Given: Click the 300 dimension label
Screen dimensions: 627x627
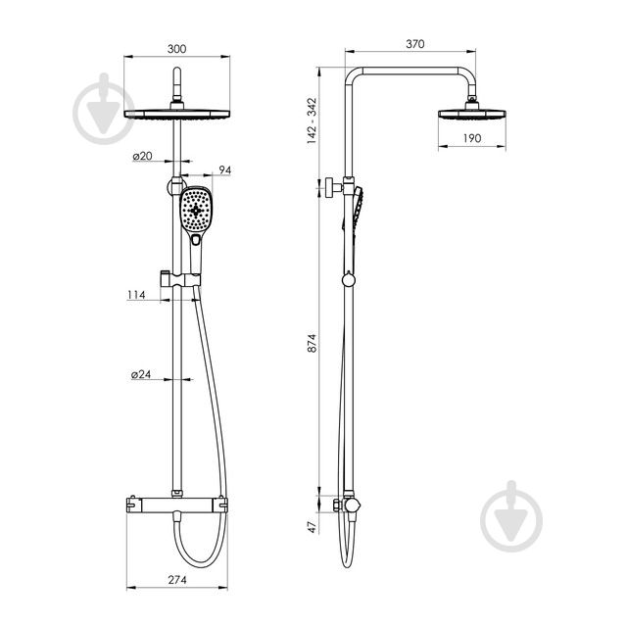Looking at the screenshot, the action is [x=176, y=49].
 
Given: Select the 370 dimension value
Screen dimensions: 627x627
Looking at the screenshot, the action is [x=415, y=44].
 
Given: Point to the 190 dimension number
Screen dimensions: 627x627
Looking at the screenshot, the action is [x=472, y=138].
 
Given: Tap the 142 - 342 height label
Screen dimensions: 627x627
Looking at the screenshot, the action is [x=312, y=121].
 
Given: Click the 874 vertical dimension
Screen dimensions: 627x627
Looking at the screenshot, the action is [x=312, y=343].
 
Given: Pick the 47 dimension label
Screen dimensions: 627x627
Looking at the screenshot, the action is [x=313, y=527].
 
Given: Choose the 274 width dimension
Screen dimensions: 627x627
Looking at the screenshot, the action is [x=177, y=580].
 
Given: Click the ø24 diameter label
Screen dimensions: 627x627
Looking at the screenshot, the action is [x=141, y=374].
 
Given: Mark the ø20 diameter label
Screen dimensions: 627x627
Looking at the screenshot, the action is [x=143, y=156].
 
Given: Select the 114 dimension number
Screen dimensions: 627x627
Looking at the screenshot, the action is [x=136, y=295].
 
